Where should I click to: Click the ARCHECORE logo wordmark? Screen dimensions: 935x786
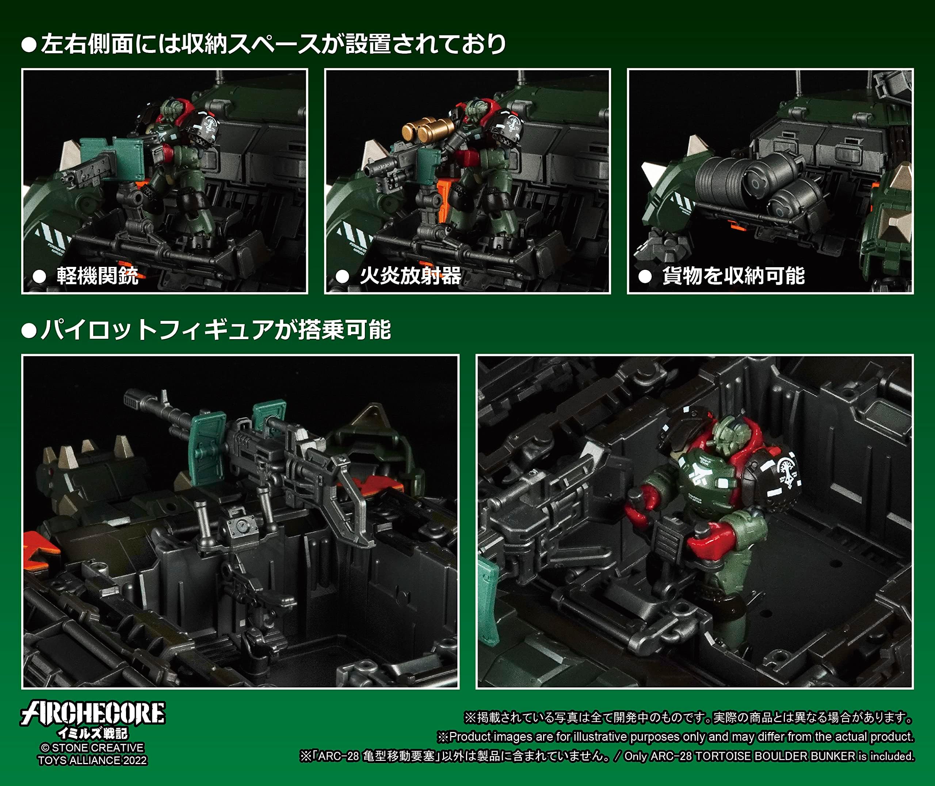coord(93,713)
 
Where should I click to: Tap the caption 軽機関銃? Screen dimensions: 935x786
coord(98,276)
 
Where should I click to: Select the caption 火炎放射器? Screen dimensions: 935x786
coord(411,276)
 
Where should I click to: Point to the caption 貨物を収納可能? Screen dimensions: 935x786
coord(733,276)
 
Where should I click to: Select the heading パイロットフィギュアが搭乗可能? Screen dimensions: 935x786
coord(216,330)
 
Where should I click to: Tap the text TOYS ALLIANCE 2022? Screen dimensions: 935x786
coord(93,760)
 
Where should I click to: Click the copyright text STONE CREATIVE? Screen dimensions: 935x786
coord(98,748)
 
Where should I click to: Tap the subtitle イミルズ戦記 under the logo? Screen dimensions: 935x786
coord(93,733)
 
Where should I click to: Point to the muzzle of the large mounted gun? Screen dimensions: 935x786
coord(132,396)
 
